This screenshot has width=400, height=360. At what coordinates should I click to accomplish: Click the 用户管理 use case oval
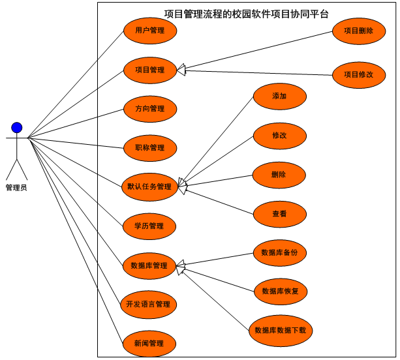[149, 31]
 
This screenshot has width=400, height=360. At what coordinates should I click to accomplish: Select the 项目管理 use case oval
[149, 70]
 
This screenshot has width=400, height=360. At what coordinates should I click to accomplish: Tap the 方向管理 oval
[149, 109]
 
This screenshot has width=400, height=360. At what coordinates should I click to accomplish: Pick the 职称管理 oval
[149, 148]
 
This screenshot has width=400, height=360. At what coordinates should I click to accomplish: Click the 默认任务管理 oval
[149, 187]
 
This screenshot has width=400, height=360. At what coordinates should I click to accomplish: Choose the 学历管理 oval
[149, 226]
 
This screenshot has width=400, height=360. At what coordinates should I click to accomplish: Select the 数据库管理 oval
[149, 265]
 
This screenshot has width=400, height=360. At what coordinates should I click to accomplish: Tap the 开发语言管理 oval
[149, 305]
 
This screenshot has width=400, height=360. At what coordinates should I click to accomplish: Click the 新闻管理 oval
[149, 344]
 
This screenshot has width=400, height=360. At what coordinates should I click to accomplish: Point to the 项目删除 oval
[358, 31]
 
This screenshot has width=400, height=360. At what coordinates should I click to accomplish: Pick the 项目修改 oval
[358, 74]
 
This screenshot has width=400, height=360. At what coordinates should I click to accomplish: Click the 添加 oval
[279, 97]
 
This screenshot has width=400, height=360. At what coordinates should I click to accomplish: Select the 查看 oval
[279, 214]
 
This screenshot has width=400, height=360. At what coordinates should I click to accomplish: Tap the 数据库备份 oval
[279, 252]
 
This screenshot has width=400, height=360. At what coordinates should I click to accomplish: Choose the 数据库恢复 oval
[279, 291]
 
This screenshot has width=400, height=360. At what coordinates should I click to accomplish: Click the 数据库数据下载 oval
[280, 330]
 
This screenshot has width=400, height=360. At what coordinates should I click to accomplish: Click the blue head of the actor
[17, 127]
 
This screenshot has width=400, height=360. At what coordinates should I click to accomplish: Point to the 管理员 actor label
[16, 187]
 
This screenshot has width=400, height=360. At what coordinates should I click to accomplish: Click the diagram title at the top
[247, 13]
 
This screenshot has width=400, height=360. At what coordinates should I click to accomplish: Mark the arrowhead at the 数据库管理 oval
[181, 265]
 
